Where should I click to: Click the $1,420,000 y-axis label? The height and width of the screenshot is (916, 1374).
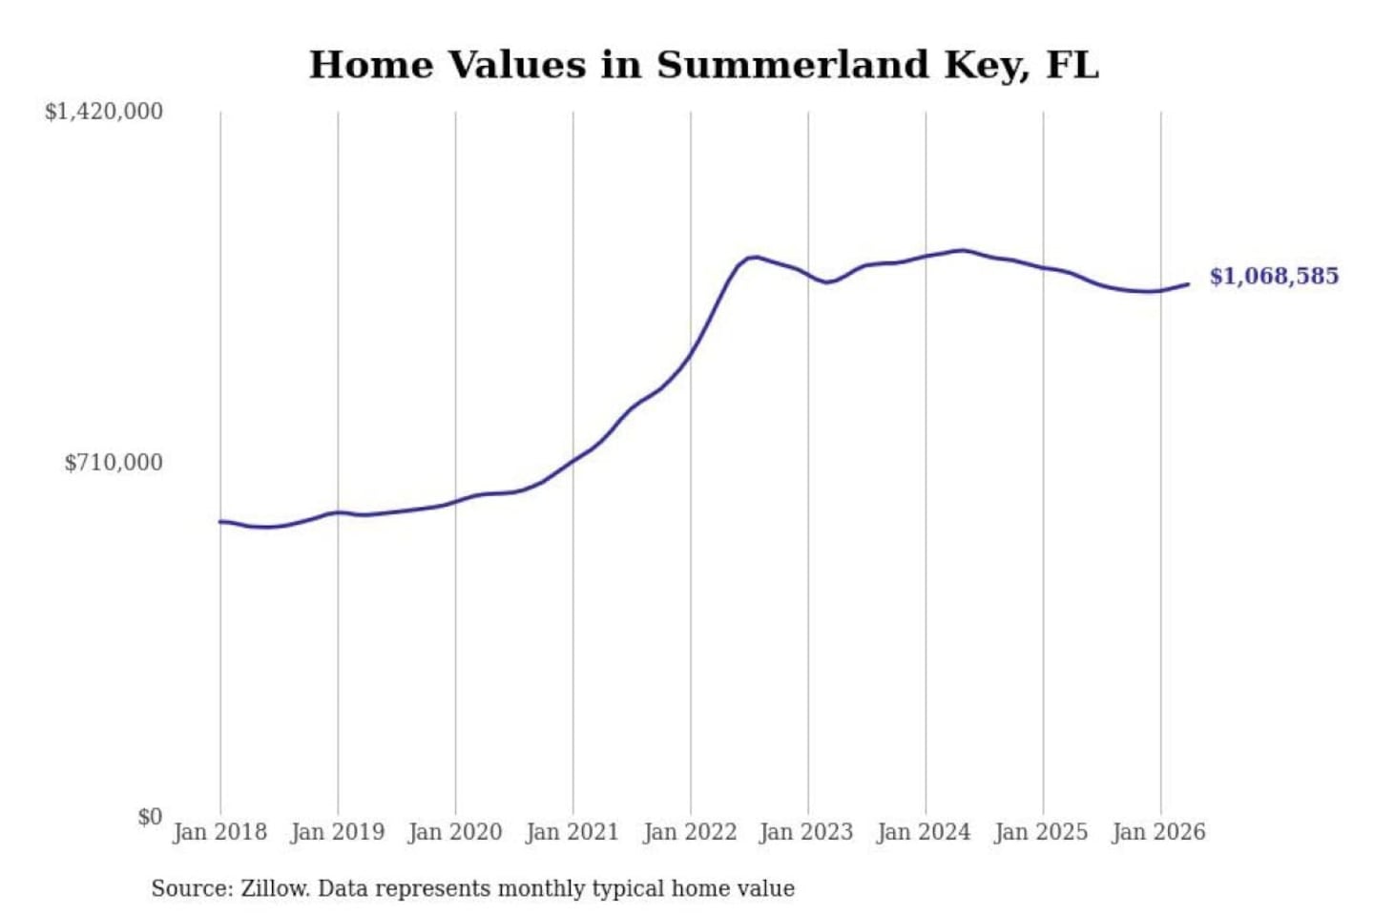104,113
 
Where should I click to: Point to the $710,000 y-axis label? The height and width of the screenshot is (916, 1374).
114,463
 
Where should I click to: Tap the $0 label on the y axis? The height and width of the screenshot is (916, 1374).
151,817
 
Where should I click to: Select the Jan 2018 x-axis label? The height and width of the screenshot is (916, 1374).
220,833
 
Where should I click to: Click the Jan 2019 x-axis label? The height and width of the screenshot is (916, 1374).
338,833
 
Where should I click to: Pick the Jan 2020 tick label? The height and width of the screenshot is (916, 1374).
455,833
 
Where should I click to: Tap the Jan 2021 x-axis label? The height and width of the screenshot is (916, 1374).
572,833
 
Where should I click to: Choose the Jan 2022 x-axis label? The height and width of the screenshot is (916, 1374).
690,833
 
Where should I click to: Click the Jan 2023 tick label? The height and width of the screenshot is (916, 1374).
806,833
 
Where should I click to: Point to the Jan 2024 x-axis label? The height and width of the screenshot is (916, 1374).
925,833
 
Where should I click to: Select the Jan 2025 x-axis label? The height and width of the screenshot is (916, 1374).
1042,833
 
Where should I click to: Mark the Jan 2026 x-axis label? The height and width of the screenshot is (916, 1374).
1159,833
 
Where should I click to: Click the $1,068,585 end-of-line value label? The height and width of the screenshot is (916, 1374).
1274,277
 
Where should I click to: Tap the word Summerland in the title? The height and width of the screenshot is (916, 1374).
793,65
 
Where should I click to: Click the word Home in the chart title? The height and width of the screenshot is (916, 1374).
371,65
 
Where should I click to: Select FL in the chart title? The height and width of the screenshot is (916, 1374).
1072,65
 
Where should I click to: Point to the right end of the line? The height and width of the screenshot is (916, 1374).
1189,284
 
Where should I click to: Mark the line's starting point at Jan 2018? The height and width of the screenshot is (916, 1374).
220,522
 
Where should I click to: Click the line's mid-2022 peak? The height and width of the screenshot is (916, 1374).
756,257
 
